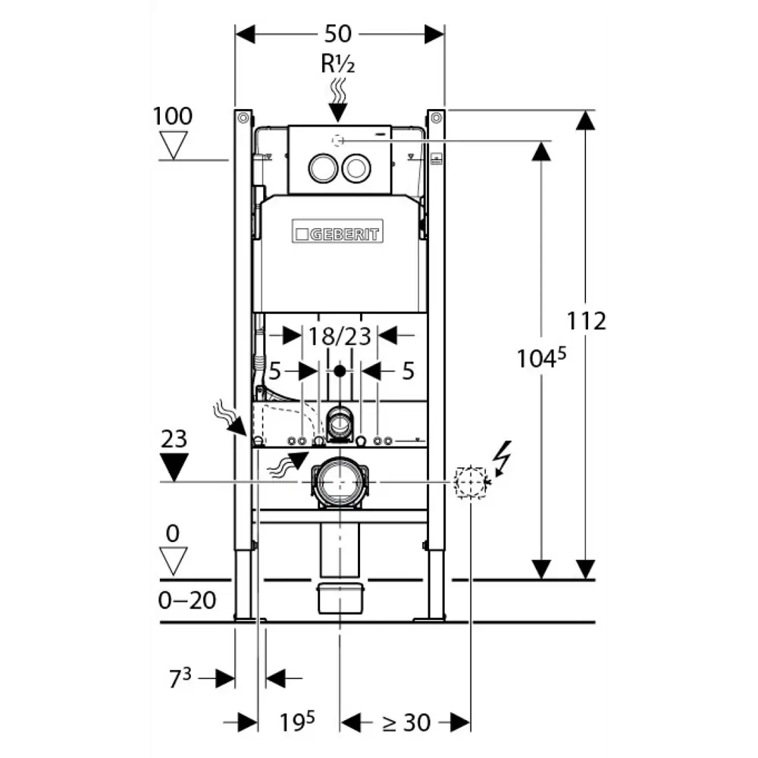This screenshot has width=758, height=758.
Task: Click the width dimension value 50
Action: (x=339, y=34)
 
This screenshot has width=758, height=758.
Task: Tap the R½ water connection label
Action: (x=338, y=64)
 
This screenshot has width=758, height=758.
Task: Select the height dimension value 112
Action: (x=587, y=321)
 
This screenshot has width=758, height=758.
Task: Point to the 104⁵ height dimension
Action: (x=542, y=358)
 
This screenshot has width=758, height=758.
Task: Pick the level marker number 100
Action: (x=173, y=116)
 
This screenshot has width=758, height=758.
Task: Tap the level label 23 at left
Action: (x=174, y=439)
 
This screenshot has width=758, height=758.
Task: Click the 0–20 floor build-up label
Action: (x=187, y=600)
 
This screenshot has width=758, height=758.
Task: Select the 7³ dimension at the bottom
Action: (x=180, y=678)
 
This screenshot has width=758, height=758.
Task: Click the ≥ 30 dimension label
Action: (x=406, y=722)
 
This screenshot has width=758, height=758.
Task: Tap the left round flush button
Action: (x=322, y=168)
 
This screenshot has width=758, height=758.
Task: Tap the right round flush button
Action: (x=355, y=168)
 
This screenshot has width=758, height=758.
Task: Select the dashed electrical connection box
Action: (x=470, y=482)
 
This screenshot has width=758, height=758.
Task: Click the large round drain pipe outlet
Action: (x=338, y=483)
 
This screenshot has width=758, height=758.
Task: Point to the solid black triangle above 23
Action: (x=174, y=465)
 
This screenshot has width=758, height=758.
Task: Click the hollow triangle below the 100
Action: (x=174, y=144)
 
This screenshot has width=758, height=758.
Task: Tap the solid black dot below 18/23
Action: (x=339, y=371)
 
